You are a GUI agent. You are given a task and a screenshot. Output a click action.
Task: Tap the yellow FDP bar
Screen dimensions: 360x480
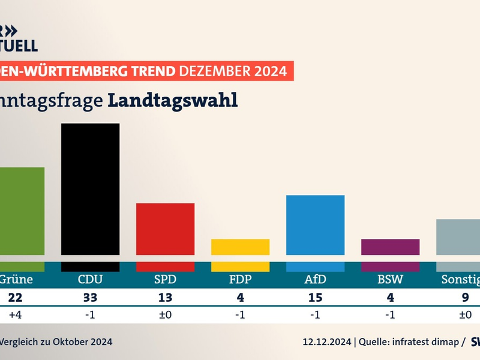pos(240,247)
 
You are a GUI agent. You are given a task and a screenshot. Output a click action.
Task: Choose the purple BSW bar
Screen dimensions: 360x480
pos(390,247)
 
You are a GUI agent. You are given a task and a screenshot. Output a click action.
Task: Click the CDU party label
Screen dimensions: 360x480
pos(90,280)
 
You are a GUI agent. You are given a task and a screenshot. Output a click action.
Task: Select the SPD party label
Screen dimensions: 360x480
pos(165,280)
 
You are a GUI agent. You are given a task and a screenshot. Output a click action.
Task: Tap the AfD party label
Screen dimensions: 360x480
pos(315,280)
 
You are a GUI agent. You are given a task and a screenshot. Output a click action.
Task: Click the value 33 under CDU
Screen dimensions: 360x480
pos(90,298)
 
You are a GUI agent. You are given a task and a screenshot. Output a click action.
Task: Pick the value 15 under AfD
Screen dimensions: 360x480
pos(315,298)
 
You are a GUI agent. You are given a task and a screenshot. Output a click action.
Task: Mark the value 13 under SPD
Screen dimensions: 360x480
pos(165,298)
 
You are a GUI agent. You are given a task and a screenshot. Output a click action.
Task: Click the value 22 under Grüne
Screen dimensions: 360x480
pos(14,298)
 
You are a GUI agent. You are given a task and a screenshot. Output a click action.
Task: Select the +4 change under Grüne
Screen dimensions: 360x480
pos(14,314)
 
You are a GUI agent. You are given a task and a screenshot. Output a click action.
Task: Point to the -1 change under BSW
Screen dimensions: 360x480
pos(390,314)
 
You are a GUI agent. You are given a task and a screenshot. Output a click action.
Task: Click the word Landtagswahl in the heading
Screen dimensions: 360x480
pos(173,100)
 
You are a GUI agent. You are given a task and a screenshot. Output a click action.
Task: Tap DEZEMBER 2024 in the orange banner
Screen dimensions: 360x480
pos(233,71)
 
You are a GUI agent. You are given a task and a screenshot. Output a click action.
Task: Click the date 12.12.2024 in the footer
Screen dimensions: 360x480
pos(326,342)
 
